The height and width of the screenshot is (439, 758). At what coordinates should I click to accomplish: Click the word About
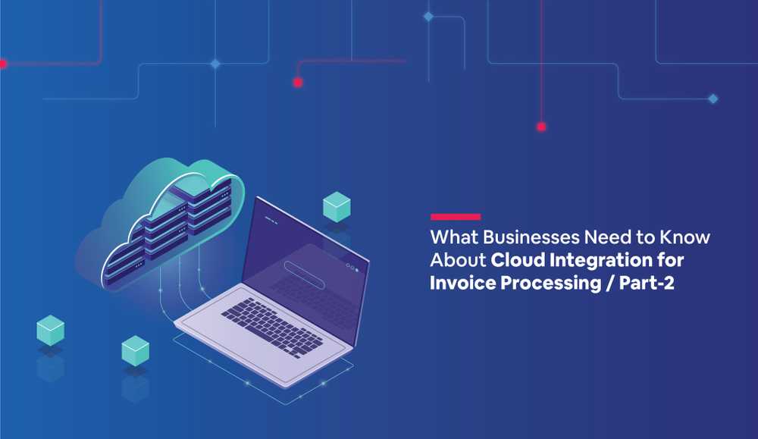(x=458, y=260)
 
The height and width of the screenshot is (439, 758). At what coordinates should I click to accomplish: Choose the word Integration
(x=601, y=261)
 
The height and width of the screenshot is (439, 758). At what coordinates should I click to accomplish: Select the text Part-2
(x=647, y=282)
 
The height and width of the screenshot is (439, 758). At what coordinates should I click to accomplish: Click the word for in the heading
(x=671, y=260)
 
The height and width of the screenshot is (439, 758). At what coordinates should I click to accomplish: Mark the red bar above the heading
(x=456, y=217)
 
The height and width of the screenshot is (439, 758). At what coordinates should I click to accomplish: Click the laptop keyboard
(x=272, y=328)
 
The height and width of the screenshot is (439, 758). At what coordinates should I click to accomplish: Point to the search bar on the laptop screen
(x=305, y=274)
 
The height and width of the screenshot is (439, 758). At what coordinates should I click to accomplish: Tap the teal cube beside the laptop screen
(x=337, y=206)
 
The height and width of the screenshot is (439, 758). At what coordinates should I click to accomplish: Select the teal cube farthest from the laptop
(x=50, y=331)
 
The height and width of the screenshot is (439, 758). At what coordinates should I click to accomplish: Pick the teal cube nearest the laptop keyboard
(x=136, y=350)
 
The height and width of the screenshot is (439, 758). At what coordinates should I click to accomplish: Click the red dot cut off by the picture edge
(x=2, y=64)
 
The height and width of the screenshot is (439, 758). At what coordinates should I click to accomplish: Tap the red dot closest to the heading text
(x=541, y=127)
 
